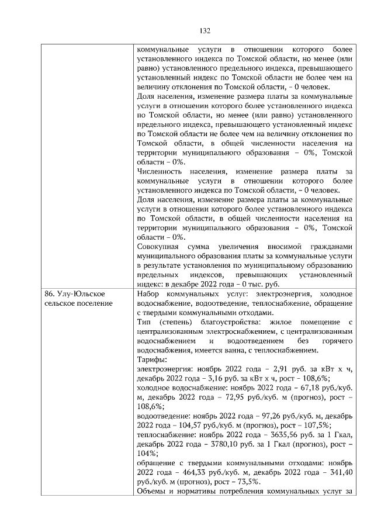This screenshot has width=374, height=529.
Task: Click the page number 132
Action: pos(205,31)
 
